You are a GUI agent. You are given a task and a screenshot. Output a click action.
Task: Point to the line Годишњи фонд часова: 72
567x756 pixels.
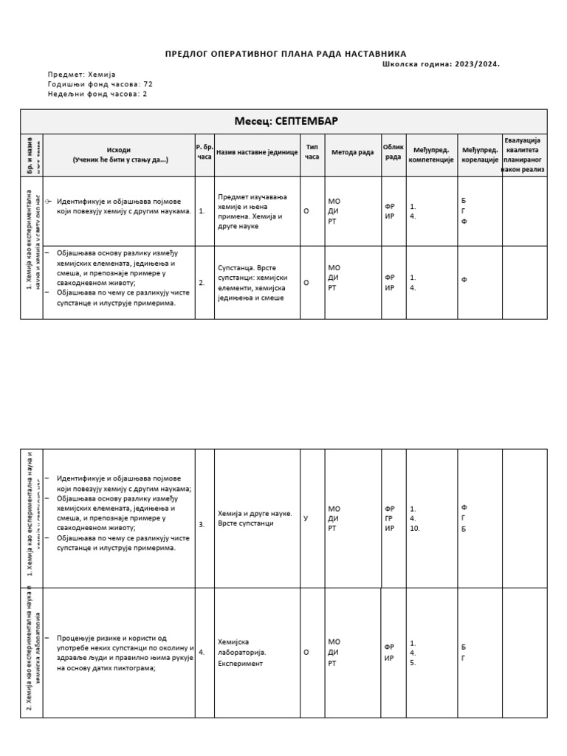click(100, 84)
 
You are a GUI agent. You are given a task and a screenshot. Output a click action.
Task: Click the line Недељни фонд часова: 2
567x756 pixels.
click(97, 94)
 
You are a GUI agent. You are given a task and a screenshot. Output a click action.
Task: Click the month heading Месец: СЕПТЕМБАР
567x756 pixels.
click(286, 121)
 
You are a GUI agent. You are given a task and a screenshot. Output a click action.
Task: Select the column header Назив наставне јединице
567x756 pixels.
click(257, 152)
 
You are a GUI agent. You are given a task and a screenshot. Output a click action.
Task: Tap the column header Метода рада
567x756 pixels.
click(352, 152)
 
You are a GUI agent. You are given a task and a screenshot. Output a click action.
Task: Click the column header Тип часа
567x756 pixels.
click(312, 152)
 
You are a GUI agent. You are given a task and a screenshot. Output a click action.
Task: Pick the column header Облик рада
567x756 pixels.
click(394, 151)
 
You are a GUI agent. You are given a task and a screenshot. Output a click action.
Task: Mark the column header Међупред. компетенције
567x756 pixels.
click(431, 155)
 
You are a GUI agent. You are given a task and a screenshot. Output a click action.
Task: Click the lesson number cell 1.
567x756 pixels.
click(202, 210)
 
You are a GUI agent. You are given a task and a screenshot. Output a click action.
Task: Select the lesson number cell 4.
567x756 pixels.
click(202, 653)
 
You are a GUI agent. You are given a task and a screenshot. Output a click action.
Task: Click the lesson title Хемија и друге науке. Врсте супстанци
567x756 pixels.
click(255, 518)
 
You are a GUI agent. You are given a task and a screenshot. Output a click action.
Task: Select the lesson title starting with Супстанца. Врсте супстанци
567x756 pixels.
click(252, 283)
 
